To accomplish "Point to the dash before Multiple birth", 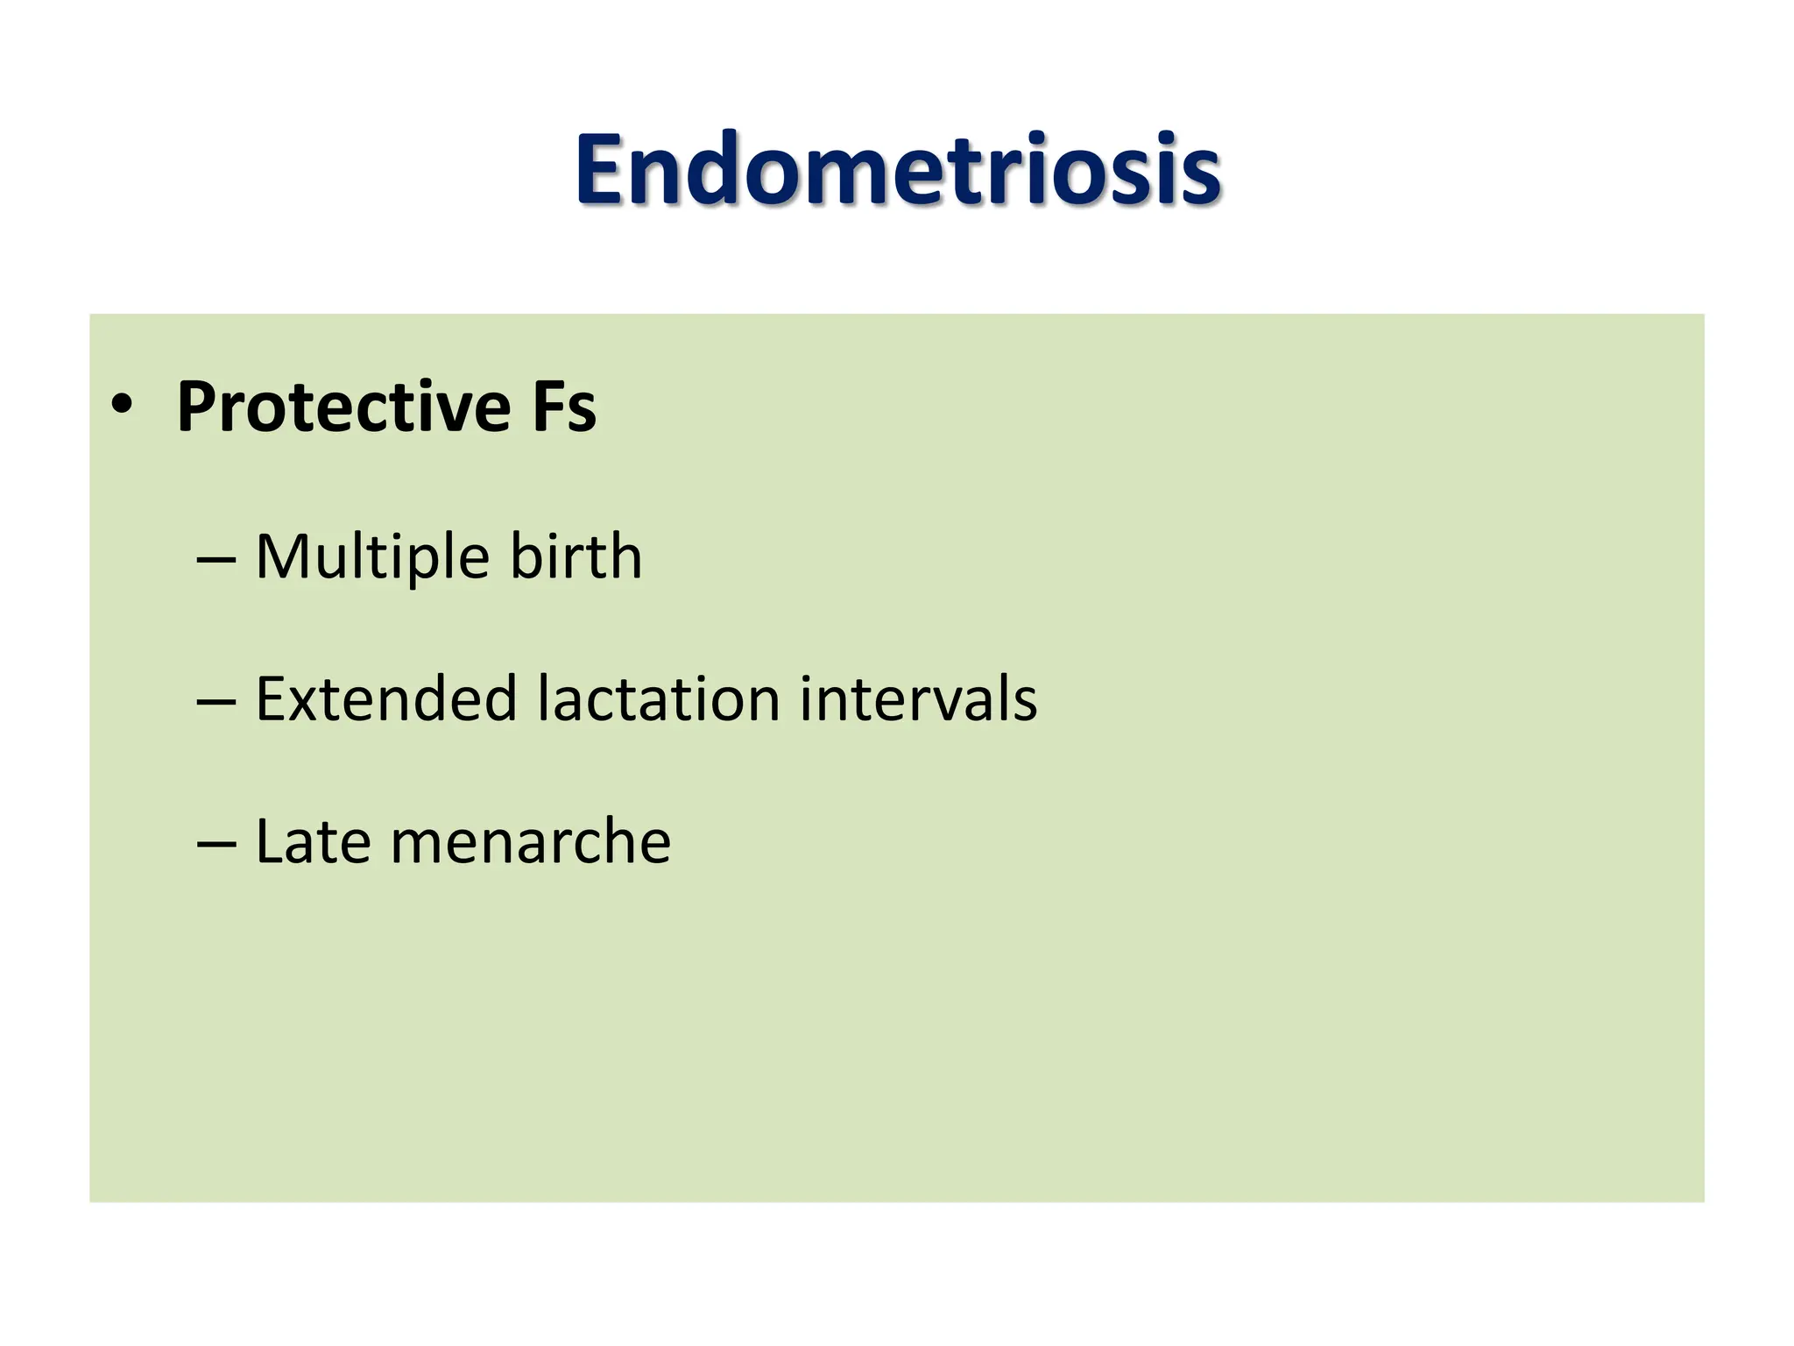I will (x=216, y=558).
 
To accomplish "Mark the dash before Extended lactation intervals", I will (x=216, y=701).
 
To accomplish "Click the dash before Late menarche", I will (x=216, y=843).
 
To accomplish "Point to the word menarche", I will (x=530, y=843).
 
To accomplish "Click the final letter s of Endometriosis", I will (x=1199, y=180).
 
